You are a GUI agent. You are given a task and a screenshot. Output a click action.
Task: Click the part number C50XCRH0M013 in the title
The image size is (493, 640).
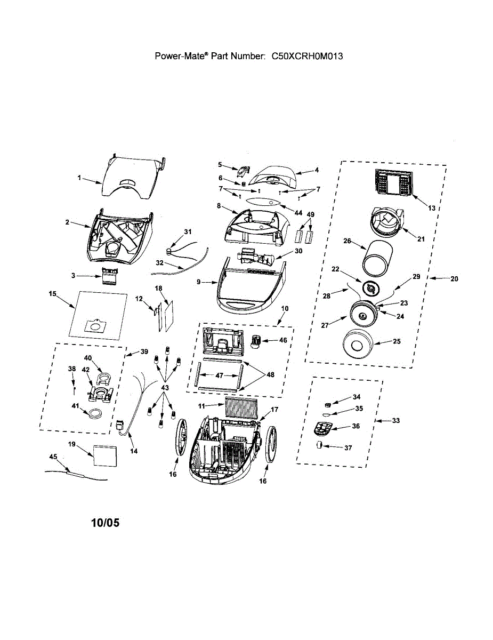click(x=306, y=55)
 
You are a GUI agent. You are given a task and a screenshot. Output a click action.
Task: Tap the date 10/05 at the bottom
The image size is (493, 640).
click(x=105, y=523)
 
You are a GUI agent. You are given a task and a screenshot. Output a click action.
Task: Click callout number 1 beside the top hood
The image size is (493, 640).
click(x=79, y=178)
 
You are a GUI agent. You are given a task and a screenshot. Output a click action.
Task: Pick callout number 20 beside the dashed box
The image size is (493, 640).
click(x=453, y=278)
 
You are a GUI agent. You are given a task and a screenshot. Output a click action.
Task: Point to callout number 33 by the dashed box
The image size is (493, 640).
click(x=396, y=421)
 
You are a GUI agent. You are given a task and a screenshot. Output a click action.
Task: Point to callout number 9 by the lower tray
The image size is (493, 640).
click(x=198, y=282)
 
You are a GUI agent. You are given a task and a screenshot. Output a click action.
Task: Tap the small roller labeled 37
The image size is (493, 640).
click(x=319, y=446)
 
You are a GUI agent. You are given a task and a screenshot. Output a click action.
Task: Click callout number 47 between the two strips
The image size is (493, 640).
click(x=219, y=375)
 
